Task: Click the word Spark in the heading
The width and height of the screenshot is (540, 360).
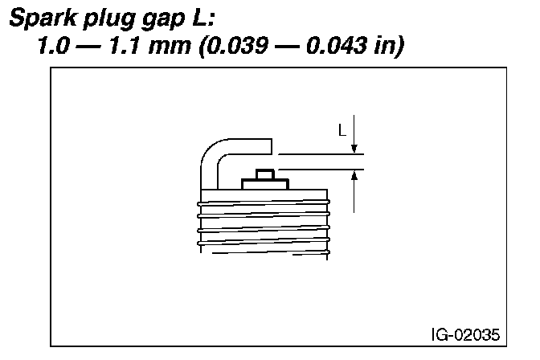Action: point(43,18)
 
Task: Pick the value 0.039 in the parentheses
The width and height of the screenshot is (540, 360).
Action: point(238,45)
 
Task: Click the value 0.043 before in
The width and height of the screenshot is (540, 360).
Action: point(337,45)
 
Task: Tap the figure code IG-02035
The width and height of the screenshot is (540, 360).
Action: point(465,334)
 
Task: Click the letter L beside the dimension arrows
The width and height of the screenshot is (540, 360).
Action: point(342,130)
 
